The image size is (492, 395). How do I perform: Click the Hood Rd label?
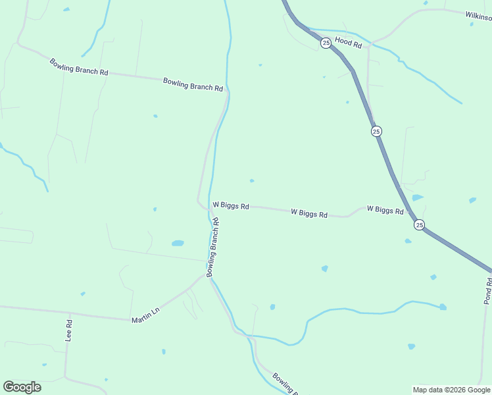pyautogui.click(x=349, y=42)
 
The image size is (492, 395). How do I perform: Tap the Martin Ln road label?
pyautogui.click(x=146, y=317)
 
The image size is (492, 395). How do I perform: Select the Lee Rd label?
pyautogui.click(x=68, y=330)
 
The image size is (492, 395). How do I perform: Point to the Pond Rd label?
pyautogui.click(x=487, y=290)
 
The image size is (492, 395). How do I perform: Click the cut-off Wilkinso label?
pyautogui.click(x=478, y=16)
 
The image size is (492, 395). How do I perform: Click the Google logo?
pyautogui.click(x=22, y=387)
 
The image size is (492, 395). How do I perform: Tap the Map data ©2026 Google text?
pyautogui.click(x=451, y=390)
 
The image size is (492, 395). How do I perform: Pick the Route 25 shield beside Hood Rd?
pyautogui.click(x=326, y=43)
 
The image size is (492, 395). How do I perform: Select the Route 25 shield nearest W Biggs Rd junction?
pyautogui.click(x=420, y=225)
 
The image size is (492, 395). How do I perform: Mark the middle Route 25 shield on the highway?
pyautogui.click(x=376, y=131)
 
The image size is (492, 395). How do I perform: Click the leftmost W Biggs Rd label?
pyautogui.click(x=230, y=206)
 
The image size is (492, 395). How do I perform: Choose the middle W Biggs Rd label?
pyautogui.click(x=309, y=213)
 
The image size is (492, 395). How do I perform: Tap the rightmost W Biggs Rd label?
pyautogui.click(x=385, y=209)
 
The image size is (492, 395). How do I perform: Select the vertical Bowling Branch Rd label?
pyautogui.click(x=213, y=247)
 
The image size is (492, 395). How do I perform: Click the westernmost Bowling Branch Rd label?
pyautogui.click(x=79, y=67)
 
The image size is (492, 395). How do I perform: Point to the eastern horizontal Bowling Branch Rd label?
pyautogui.click(x=193, y=84)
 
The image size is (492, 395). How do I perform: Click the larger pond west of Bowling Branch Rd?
pyautogui.click(x=178, y=243)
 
